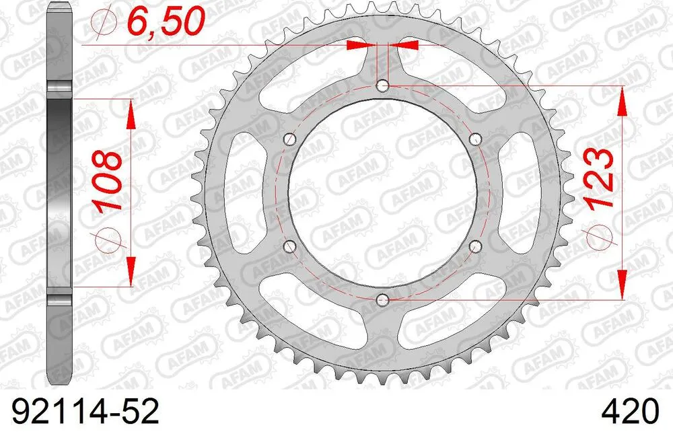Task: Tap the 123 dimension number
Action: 600,176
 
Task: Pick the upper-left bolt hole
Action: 290,139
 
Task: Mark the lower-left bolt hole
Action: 290,246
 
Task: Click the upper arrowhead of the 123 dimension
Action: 623,99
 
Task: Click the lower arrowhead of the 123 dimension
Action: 623,286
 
